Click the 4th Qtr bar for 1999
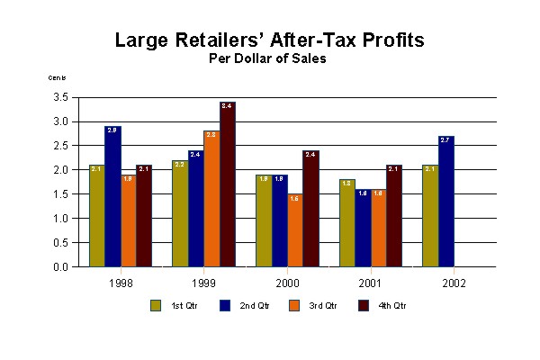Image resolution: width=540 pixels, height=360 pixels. tap(227, 184)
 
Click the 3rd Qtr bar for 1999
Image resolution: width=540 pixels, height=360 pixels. tap(211, 199)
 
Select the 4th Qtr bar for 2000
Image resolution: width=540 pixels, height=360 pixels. tap(310, 209)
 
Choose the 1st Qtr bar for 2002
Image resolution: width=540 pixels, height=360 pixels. tap(430, 216)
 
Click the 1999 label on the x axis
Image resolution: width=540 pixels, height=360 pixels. tap(203, 283)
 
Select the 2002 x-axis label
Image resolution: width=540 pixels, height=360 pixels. tap(454, 283)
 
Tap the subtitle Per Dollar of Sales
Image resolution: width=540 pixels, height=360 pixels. tap(269, 59)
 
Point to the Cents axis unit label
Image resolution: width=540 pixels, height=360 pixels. tap(56, 78)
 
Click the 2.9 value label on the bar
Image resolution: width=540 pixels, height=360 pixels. tap(112, 131)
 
